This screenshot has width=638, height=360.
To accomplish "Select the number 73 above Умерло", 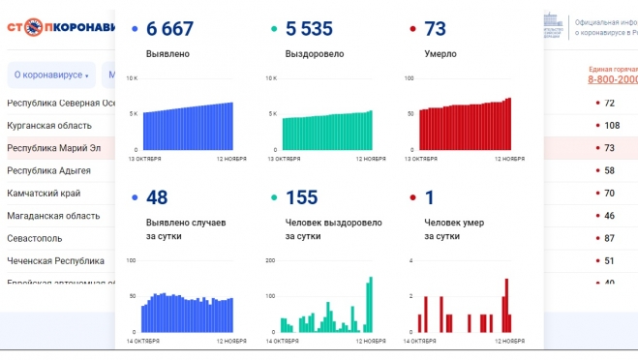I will click(x=436, y=30).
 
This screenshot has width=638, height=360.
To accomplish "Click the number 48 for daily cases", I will click(x=157, y=197).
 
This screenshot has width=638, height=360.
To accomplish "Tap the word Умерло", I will click(x=441, y=54).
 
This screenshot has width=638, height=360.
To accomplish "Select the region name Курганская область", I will click(x=49, y=126).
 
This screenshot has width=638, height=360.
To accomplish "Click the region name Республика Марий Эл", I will click(x=54, y=148).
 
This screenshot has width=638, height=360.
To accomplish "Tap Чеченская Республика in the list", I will click(x=55, y=260).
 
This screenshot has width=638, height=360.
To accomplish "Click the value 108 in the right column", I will click(x=612, y=126).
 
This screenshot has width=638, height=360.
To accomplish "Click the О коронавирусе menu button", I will click(x=50, y=75).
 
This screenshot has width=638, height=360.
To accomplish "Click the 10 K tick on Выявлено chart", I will click(x=135, y=78).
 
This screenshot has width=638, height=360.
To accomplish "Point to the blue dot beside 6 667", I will click(x=134, y=30).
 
